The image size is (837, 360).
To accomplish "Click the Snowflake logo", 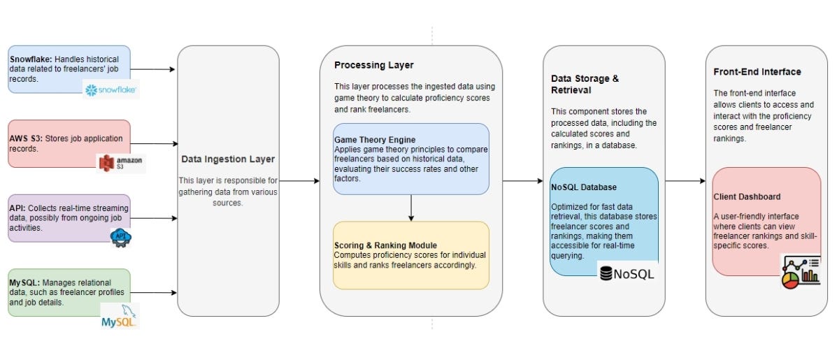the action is (111, 89).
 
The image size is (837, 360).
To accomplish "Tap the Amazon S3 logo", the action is (121, 163).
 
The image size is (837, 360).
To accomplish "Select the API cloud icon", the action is (121, 237).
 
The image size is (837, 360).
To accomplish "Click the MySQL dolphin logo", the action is (120, 316).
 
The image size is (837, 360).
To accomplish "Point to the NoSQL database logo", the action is (627, 274).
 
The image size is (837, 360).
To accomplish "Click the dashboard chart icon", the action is (800, 271).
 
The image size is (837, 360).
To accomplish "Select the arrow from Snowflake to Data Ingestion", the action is (152, 69).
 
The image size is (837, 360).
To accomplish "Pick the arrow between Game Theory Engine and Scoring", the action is (411, 208).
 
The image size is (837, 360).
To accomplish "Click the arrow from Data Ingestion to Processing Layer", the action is (299, 181).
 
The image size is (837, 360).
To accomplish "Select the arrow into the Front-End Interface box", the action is (685, 181).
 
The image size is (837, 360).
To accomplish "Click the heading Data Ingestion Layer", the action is (228, 159).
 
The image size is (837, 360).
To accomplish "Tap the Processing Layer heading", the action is (373, 65).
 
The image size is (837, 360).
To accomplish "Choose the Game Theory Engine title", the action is (373, 141).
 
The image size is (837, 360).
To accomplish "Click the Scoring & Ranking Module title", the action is (385, 245).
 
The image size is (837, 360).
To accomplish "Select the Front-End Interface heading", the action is (757, 71).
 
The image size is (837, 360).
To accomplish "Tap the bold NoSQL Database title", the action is (583, 187).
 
